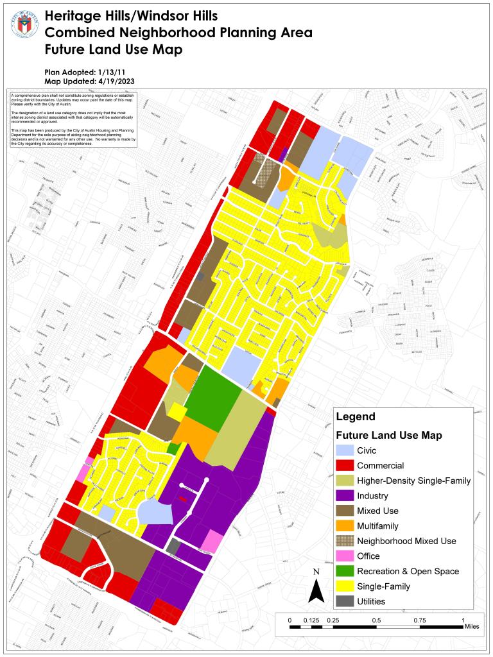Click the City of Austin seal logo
coord(25,25)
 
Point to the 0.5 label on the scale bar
coord(376,620)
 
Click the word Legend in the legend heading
coord(356,417)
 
